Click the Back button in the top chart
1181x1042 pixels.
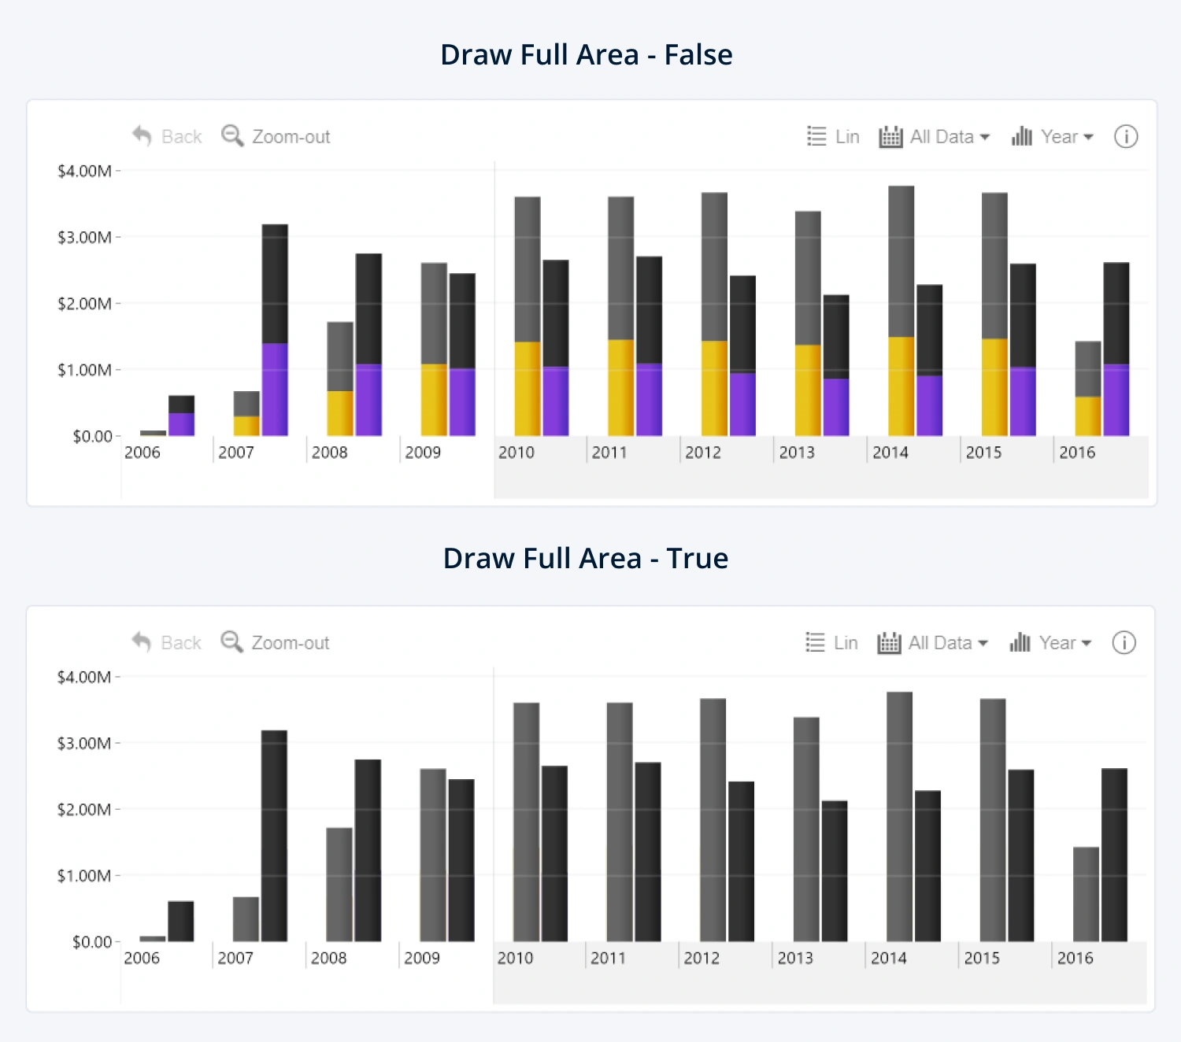point(168,137)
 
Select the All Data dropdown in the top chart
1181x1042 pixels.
point(935,137)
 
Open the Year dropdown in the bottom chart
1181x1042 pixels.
point(1051,643)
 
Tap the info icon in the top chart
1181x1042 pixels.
point(1126,137)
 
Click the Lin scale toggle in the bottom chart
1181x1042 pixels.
point(832,643)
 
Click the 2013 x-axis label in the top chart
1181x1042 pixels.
point(797,453)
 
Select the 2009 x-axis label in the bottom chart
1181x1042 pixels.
point(422,959)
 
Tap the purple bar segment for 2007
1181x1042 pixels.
point(275,390)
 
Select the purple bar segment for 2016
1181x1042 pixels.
point(1116,400)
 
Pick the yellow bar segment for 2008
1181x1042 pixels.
point(340,413)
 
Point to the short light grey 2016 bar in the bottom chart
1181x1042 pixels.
point(1086,894)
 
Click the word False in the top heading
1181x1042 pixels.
point(698,55)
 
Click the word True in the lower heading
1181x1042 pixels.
point(697,559)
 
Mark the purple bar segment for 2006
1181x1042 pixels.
point(181,424)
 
